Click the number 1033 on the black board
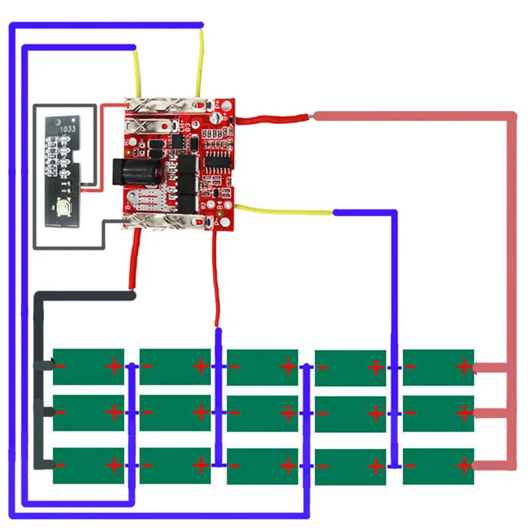tap(69, 129)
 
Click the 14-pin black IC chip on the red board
tap(216, 159)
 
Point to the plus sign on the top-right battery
tap(464, 366)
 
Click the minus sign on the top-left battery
tap(60, 366)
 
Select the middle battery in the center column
tap(262, 413)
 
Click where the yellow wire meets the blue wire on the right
tap(333, 213)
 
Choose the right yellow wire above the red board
tap(199, 63)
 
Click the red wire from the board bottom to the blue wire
tap(216, 277)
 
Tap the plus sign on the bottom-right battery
tap(464, 466)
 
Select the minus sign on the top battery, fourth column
tap(322, 367)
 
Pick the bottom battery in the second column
tap(175, 465)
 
